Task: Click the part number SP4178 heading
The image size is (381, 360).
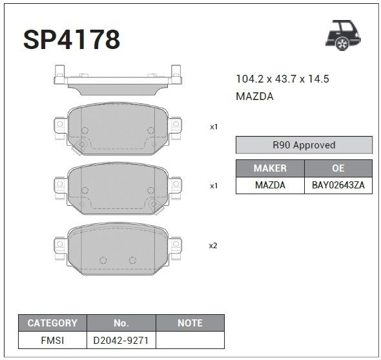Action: pos(72,39)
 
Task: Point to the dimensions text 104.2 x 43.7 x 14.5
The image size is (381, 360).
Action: pos(282,79)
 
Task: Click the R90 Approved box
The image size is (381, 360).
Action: pos(304,145)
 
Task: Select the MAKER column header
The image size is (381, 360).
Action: pos(270,168)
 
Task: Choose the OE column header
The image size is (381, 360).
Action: pos(338,168)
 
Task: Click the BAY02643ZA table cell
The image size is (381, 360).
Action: pos(338,185)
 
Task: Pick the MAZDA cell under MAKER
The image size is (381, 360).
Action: pos(270,185)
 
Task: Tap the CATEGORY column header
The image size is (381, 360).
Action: pos(52,323)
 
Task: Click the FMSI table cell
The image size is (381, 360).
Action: pos(52,340)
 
